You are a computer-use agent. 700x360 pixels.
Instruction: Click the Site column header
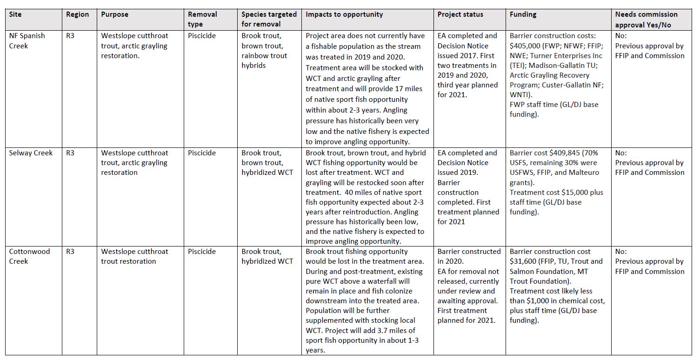[x=15, y=14]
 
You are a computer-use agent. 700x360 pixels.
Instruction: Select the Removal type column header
[x=202, y=19]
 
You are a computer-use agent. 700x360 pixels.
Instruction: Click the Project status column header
[x=460, y=14]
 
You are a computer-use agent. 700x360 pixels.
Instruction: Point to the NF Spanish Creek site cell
[x=27, y=40]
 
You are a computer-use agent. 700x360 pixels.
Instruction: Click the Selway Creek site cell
[x=31, y=153]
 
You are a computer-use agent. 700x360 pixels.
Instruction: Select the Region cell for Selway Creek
[x=70, y=153]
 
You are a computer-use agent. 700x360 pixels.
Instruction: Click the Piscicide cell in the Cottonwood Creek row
[x=202, y=252]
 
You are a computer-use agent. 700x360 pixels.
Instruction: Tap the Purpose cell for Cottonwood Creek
[x=135, y=256]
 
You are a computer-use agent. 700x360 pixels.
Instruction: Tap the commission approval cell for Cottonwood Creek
[x=649, y=261]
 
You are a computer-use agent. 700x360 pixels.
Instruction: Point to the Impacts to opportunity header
[x=344, y=14]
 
